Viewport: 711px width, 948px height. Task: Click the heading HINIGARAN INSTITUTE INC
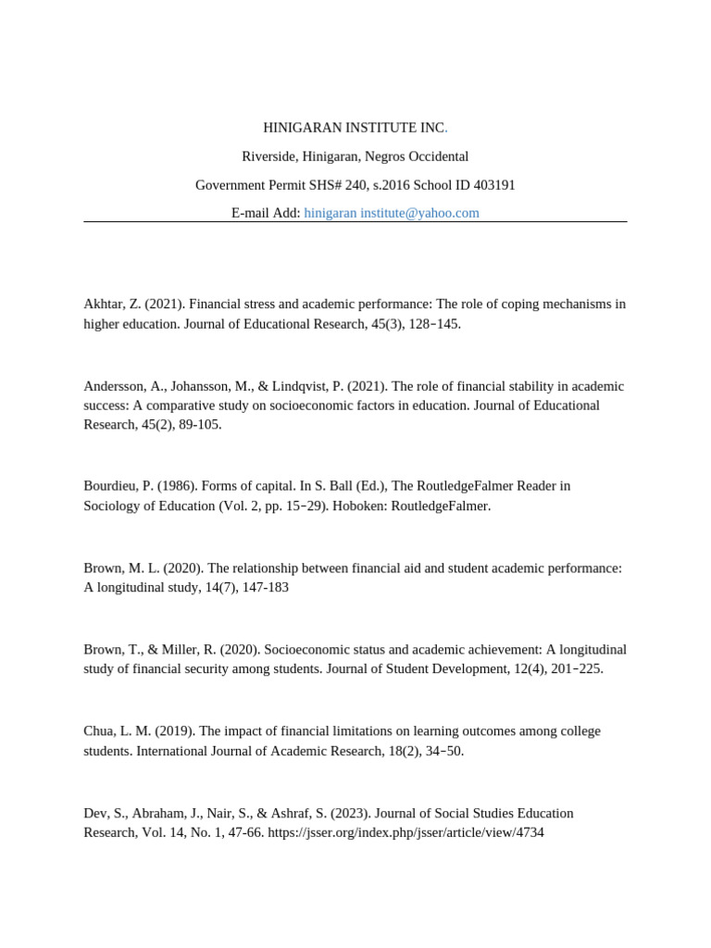coord(355,128)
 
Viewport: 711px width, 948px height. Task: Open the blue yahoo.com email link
coord(392,213)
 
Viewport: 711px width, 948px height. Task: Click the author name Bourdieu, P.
coord(118,486)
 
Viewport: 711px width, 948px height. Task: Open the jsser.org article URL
coord(405,832)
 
